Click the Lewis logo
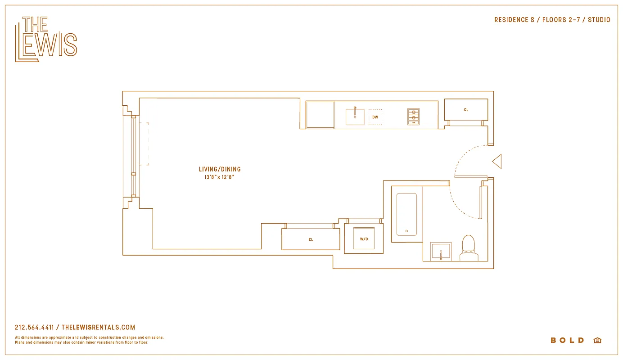click(46, 39)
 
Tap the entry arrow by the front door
click(497, 162)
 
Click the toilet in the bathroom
click(469, 248)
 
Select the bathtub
click(406, 214)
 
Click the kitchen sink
click(355, 117)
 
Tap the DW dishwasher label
click(375, 117)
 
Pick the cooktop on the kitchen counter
click(413, 117)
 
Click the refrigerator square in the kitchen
click(320, 115)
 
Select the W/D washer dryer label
click(364, 239)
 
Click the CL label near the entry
click(466, 110)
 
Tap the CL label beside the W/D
click(311, 240)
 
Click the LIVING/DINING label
click(220, 169)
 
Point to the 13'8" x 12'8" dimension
click(220, 177)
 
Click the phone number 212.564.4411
click(34, 328)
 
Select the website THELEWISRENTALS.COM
click(98, 328)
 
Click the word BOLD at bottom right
click(567, 340)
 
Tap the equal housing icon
click(597, 340)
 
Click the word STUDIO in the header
click(599, 20)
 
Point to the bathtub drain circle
click(406, 231)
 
